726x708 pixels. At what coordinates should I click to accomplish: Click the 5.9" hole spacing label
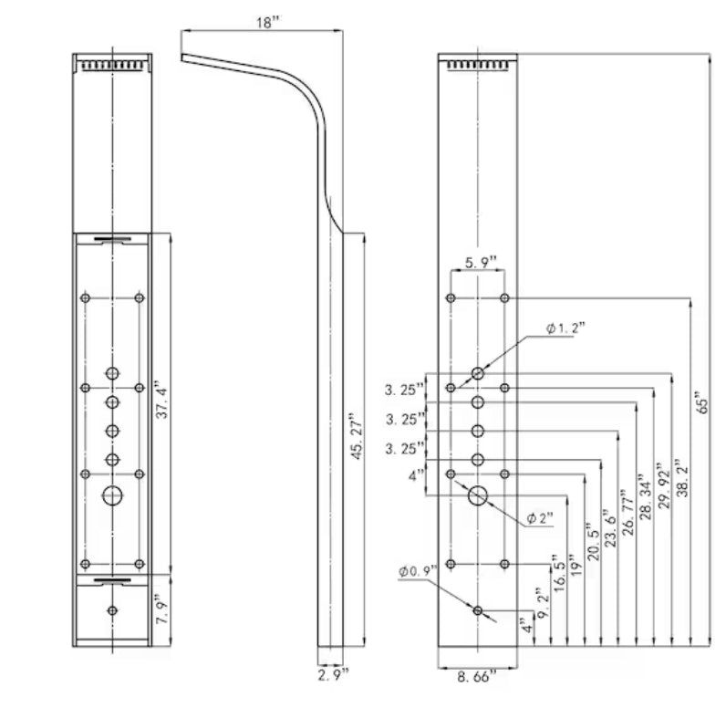(480, 263)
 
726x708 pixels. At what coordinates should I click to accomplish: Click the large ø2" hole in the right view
(478, 495)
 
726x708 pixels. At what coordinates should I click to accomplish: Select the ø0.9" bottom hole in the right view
(478, 609)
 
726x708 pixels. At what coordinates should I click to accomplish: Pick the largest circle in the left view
(112, 495)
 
